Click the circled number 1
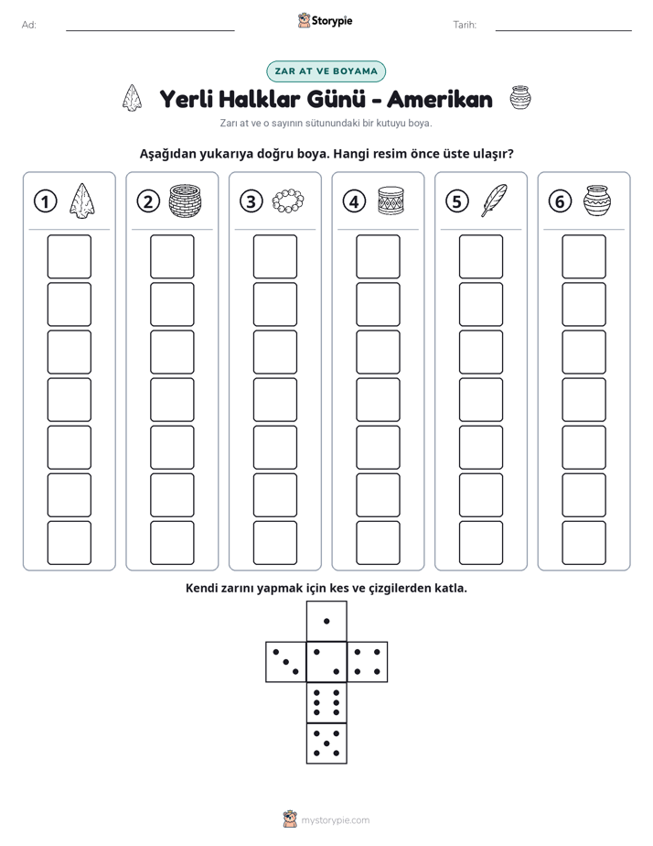tap(45, 201)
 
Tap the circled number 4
tap(354, 201)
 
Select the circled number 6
tap(560, 201)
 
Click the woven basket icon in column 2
tap(185, 201)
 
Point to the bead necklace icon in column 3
tap(288, 201)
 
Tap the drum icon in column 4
tap(391, 201)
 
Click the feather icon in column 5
tap(494, 201)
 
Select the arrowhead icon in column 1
tap(82, 201)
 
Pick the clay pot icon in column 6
tap(596, 201)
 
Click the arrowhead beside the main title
tap(132, 98)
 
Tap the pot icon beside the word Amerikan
tap(519, 98)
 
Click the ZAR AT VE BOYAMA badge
tap(326, 71)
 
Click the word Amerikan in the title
tap(440, 99)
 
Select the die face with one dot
tap(326, 621)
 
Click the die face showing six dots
tap(326, 702)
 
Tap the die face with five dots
tap(326, 743)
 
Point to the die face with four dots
tap(368, 662)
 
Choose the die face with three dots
tap(286, 662)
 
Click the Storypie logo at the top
tap(325, 21)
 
